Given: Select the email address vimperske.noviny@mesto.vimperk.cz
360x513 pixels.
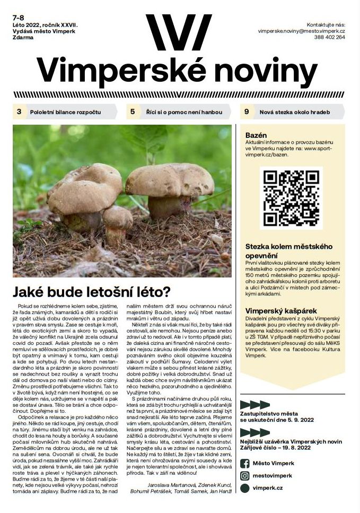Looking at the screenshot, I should tap(302, 31).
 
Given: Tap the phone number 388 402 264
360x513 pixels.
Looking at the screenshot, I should tap(329, 38).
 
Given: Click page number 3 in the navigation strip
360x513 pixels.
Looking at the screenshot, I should tap(19, 112).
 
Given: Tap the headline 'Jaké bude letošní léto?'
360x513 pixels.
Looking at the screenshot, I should tap(91, 291).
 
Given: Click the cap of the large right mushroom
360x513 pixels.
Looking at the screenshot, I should tap(170, 180).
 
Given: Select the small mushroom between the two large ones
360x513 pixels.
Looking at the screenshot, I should tap(118, 219).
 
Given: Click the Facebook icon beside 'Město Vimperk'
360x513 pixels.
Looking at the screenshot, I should tap(245, 463).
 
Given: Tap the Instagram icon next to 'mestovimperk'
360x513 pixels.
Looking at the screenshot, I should tap(245, 475).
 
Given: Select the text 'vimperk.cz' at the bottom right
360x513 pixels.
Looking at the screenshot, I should tap(268, 488).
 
